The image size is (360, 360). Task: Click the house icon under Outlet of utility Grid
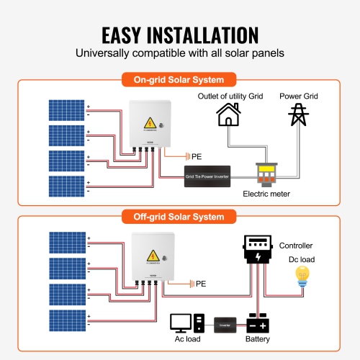pyautogui.click(x=228, y=114)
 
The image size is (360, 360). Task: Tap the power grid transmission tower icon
pyautogui.click(x=296, y=114)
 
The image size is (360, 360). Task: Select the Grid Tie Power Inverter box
pyautogui.click(x=208, y=174)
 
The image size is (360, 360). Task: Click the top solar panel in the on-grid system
pyautogui.click(x=66, y=110)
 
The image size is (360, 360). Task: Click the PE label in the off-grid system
pyautogui.click(x=200, y=284)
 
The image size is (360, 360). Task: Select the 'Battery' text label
pyautogui.click(x=258, y=338)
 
